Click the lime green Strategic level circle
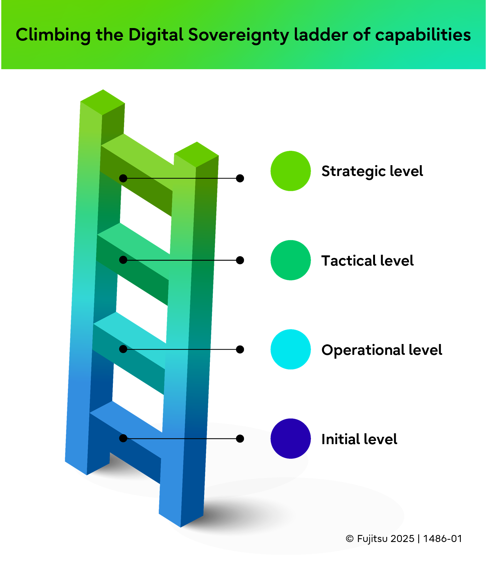tap(291, 171)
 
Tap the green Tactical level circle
tap(291, 260)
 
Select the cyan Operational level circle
tap(291, 349)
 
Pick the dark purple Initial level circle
tap(291, 439)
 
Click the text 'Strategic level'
tap(372, 172)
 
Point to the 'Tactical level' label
tap(367, 261)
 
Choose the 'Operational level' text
tap(381, 350)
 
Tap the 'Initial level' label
tap(359, 439)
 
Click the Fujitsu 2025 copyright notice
tap(404, 538)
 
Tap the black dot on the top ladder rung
tap(123, 178)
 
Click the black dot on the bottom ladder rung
tap(123, 439)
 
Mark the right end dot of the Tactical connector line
tap(240, 260)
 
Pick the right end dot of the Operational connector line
tap(240, 349)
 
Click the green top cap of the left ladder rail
tap(102, 102)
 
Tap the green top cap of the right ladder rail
tap(196, 154)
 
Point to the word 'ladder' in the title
tap(321, 35)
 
